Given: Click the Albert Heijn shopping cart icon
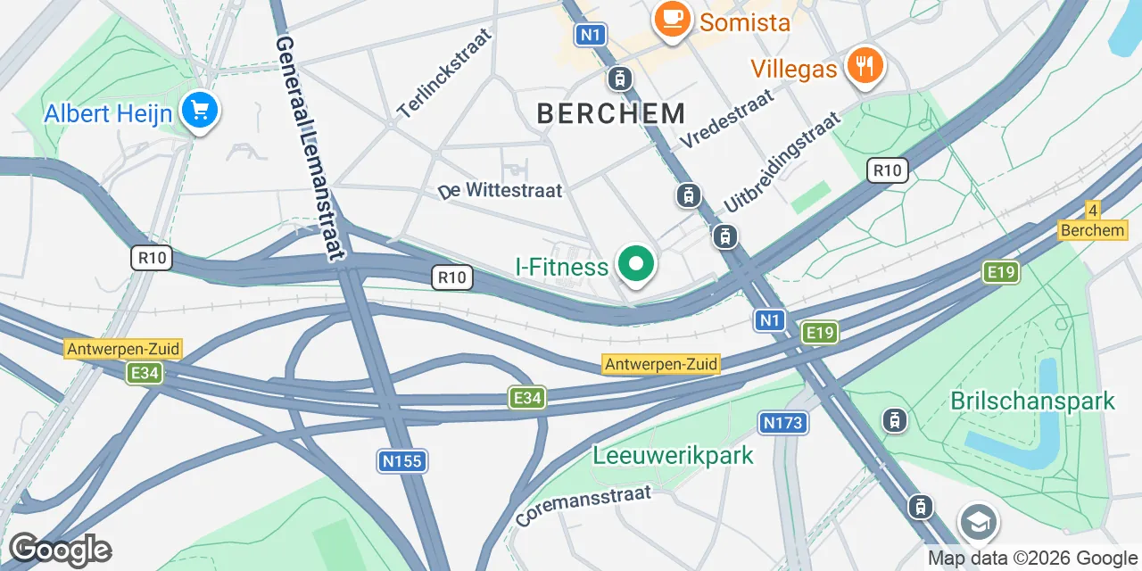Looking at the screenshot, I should pyautogui.click(x=200, y=112).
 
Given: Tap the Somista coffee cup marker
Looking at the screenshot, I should pyautogui.click(x=669, y=19).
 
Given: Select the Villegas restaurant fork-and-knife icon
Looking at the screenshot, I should pyautogui.click(x=863, y=65).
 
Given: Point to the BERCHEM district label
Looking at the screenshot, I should pyautogui.click(x=611, y=113).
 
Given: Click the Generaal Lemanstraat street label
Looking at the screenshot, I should pyautogui.click(x=309, y=147).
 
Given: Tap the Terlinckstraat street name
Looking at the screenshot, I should pyautogui.click(x=444, y=74).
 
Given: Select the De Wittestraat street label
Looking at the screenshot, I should pyautogui.click(x=501, y=191).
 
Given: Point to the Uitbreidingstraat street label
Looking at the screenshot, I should pyautogui.click(x=782, y=161).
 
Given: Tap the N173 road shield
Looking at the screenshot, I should pyautogui.click(x=783, y=423).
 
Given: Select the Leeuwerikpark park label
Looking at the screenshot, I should pyautogui.click(x=674, y=455).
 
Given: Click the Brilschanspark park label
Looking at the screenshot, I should pyautogui.click(x=1032, y=401).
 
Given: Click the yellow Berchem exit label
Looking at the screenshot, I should pyautogui.click(x=1092, y=230).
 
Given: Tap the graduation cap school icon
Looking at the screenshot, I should pyautogui.click(x=978, y=523).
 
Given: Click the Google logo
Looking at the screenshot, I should pyautogui.click(x=60, y=550).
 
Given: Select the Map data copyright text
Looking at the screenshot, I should pyautogui.click(x=1031, y=559).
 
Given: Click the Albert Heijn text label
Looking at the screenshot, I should pyautogui.click(x=108, y=113).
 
